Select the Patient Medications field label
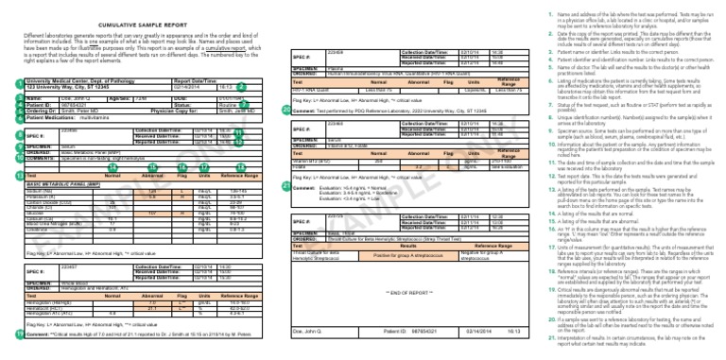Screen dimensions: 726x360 coord(48,117)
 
